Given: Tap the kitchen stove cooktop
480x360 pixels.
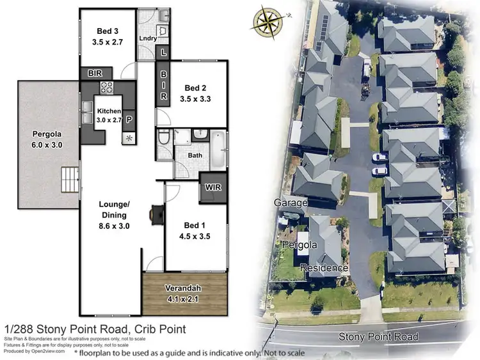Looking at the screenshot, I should coord(106,88).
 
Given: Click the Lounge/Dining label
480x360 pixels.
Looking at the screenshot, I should coord(115,210).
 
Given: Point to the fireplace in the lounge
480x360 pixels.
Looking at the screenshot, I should coord(156,215).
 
